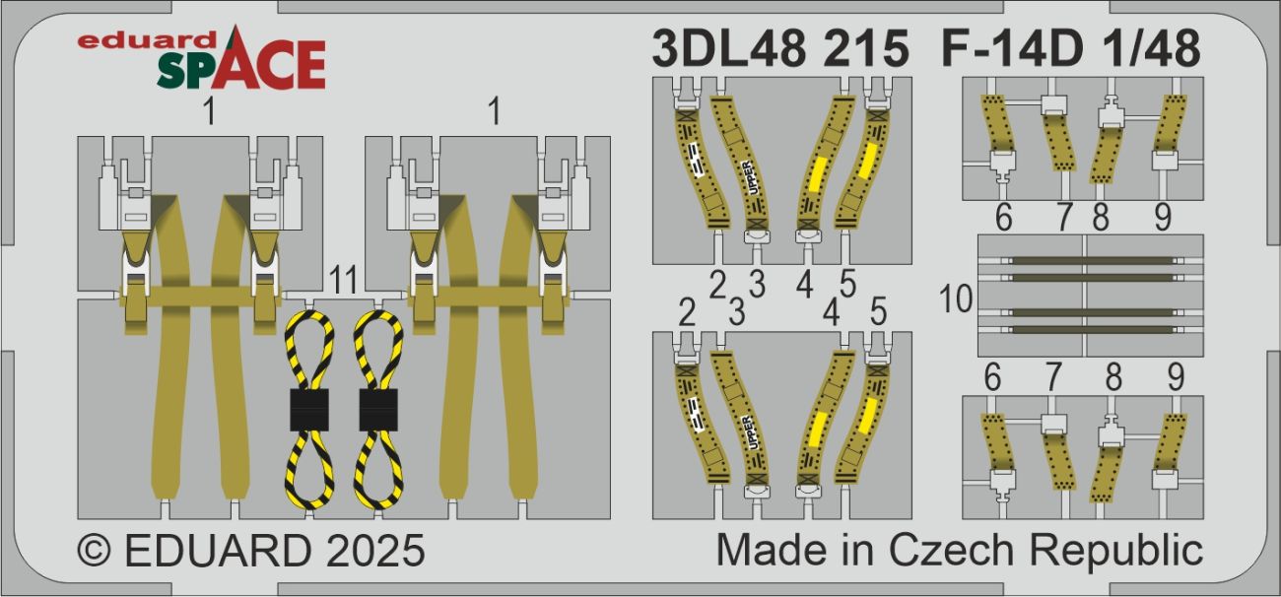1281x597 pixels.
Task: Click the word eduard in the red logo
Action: pos(147,41)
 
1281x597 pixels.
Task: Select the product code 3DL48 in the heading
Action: pos(728,48)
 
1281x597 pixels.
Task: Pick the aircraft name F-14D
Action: pos(1012,48)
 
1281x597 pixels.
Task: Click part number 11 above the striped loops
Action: pos(344,280)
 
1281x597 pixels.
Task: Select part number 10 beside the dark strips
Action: pos(956,298)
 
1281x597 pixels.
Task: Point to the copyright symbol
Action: pos(95,550)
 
